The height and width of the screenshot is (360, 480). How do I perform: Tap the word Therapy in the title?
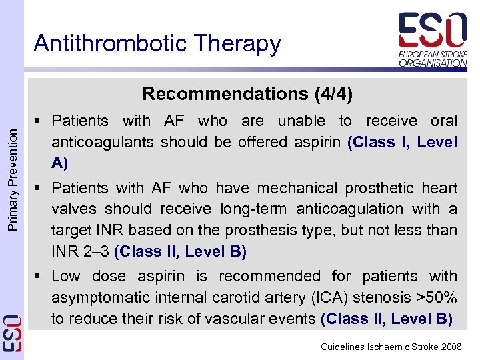pyautogui.click(x=235, y=44)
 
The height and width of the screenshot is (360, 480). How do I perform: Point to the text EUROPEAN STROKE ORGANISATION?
pyautogui.click(x=433, y=59)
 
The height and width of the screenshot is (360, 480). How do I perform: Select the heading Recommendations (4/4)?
pyautogui.click(x=247, y=93)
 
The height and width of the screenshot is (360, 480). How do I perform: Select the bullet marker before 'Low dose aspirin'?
pyautogui.click(x=41, y=276)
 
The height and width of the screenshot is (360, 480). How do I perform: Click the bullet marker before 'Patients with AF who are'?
pyautogui.click(x=41, y=121)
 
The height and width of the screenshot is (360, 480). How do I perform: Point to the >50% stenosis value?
pyautogui.click(x=435, y=297)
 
